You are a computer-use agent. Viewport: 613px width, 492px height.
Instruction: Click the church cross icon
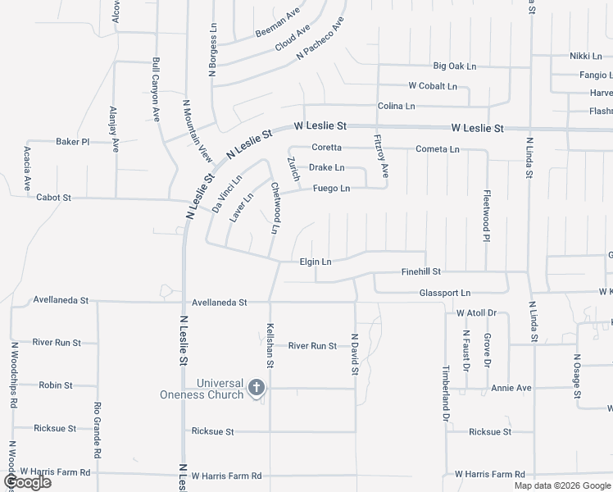(x=257, y=388)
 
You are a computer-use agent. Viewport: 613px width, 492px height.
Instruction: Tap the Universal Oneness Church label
(x=202, y=389)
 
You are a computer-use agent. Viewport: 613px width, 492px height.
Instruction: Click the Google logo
(x=27, y=482)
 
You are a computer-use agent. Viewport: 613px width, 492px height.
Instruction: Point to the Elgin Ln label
(x=315, y=262)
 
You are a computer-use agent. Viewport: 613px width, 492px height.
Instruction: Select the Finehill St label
(x=420, y=271)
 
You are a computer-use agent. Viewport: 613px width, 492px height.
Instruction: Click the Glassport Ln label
(x=445, y=293)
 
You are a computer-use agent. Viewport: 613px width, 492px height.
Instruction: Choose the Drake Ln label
(x=326, y=168)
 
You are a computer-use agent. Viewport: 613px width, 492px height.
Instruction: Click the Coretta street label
(x=326, y=148)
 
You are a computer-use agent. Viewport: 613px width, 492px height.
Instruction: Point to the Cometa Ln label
(x=438, y=149)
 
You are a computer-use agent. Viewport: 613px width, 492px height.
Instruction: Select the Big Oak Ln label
(x=454, y=66)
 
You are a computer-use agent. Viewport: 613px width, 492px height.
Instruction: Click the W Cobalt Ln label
(x=433, y=86)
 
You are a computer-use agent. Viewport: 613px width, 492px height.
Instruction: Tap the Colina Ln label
(x=396, y=107)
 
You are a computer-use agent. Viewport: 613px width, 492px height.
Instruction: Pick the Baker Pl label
(x=72, y=142)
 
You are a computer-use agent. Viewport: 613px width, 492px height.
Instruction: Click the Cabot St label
(x=54, y=198)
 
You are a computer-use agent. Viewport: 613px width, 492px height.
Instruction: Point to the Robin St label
(x=56, y=385)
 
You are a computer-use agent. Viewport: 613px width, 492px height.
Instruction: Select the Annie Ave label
(x=511, y=388)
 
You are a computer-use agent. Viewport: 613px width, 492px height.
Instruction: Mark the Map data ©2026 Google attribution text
(x=561, y=485)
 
